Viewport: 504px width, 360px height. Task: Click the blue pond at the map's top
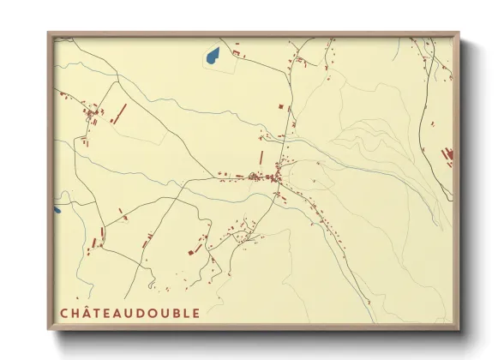pyautogui.click(x=212, y=57)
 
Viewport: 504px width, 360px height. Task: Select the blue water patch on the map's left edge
pyautogui.click(x=57, y=208)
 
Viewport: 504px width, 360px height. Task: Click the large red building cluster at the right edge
pyautogui.click(x=447, y=155)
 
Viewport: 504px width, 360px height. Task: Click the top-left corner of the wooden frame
pyautogui.click(x=49, y=34)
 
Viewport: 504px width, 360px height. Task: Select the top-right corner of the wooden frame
pyautogui.click(x=458, y=34)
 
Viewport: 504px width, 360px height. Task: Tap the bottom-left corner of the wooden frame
pyautogui.click(x=49, y=330)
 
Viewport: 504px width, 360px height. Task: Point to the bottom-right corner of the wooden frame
pyautogui.click(x=458, y=330)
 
